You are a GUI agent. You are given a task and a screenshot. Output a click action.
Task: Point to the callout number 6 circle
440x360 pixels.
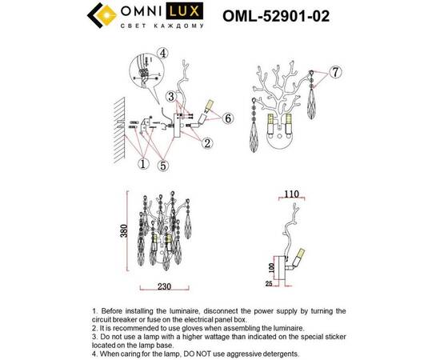coord(228,118)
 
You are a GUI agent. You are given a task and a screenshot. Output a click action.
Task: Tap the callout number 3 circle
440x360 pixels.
coord(171,97)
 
